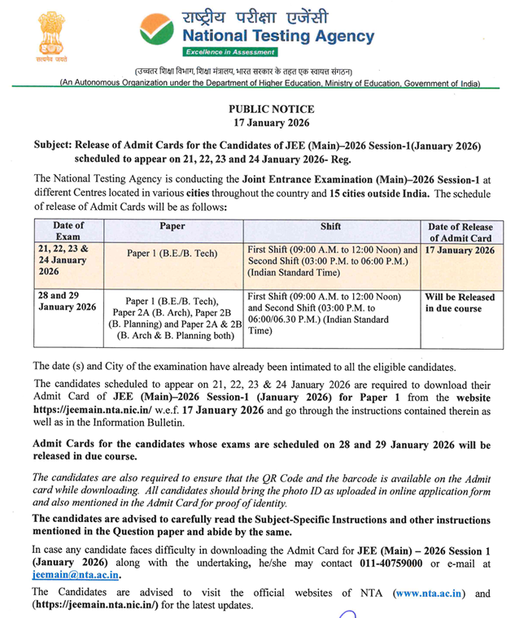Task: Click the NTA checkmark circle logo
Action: click(x=155, y=29)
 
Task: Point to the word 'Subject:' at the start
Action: click(x=55, y=145)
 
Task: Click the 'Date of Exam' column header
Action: click(x=69, y=232)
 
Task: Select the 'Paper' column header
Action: click(x=172, y=226)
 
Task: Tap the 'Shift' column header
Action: click(x=330, y=226)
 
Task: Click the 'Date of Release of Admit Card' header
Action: click(x=460, y=232)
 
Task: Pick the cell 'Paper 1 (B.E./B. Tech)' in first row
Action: click(x=172, y=253)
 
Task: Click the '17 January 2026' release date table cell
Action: click(x=460, y=250)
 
